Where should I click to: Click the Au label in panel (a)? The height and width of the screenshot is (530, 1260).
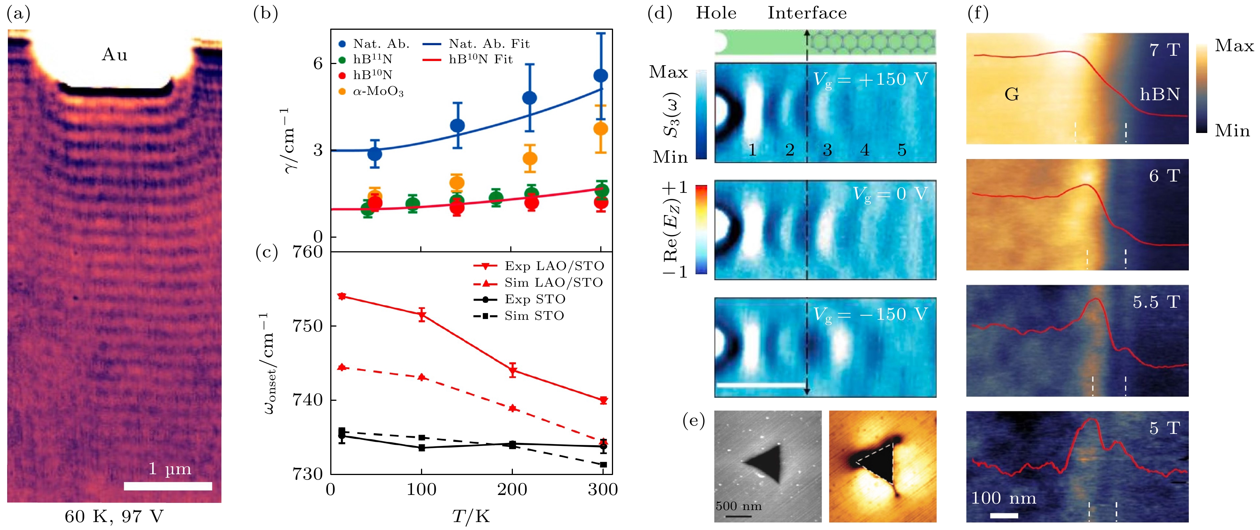point(114,55)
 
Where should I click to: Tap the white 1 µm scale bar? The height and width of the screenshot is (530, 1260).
point(168,486)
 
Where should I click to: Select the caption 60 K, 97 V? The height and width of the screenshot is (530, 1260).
point(114,517)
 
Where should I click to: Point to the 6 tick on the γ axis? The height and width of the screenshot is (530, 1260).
point(318,63)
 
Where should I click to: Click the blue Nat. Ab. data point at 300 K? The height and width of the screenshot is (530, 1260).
point(601,75)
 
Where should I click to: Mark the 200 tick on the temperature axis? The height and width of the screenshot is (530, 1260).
point(512,490)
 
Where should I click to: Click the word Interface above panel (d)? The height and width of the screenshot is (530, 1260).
point(807,13)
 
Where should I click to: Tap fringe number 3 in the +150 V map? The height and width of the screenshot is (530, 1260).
point(827,150)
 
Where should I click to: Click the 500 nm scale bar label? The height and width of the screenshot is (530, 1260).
point(738,506)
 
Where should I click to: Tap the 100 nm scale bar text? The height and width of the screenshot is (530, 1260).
point(1003,498)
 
